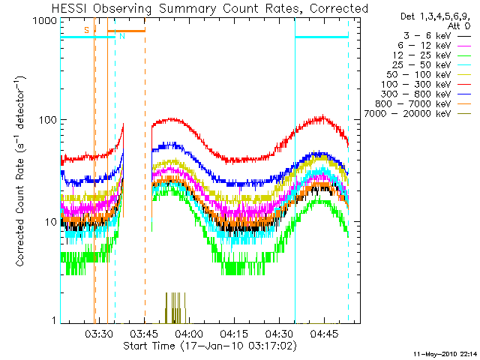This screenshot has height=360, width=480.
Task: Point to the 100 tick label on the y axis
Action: click(49, 120)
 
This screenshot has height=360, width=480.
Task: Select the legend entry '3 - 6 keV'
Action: click(427, 35)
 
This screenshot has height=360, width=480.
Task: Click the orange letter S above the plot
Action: click(86, 29)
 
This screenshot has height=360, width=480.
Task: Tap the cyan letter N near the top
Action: click(121, 36)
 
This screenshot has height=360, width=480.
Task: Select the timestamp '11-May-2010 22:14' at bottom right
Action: click(445, 352)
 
